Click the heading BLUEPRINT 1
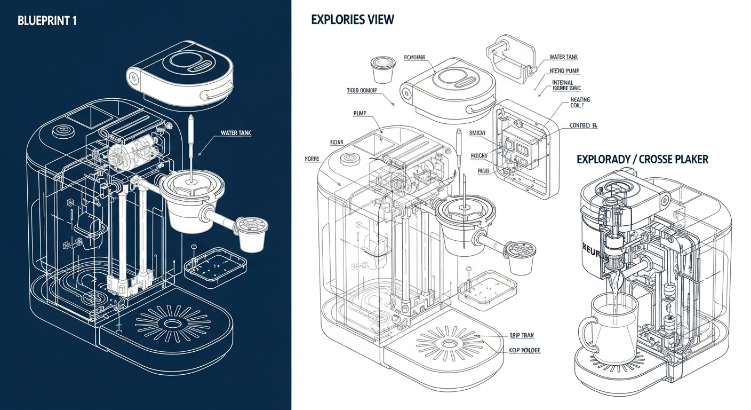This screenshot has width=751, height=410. click(x=47, y=22)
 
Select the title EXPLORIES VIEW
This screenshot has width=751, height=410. click(x=353, y=20)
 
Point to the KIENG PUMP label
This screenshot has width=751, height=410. click(x=565, y=70)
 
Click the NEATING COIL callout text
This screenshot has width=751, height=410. click(x=580, y=102)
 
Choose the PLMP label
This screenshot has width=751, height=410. click(x=361, y=113)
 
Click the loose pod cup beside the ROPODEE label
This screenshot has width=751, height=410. click(x=381, y=69)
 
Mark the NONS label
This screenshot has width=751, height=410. click(x=337, y=143)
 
